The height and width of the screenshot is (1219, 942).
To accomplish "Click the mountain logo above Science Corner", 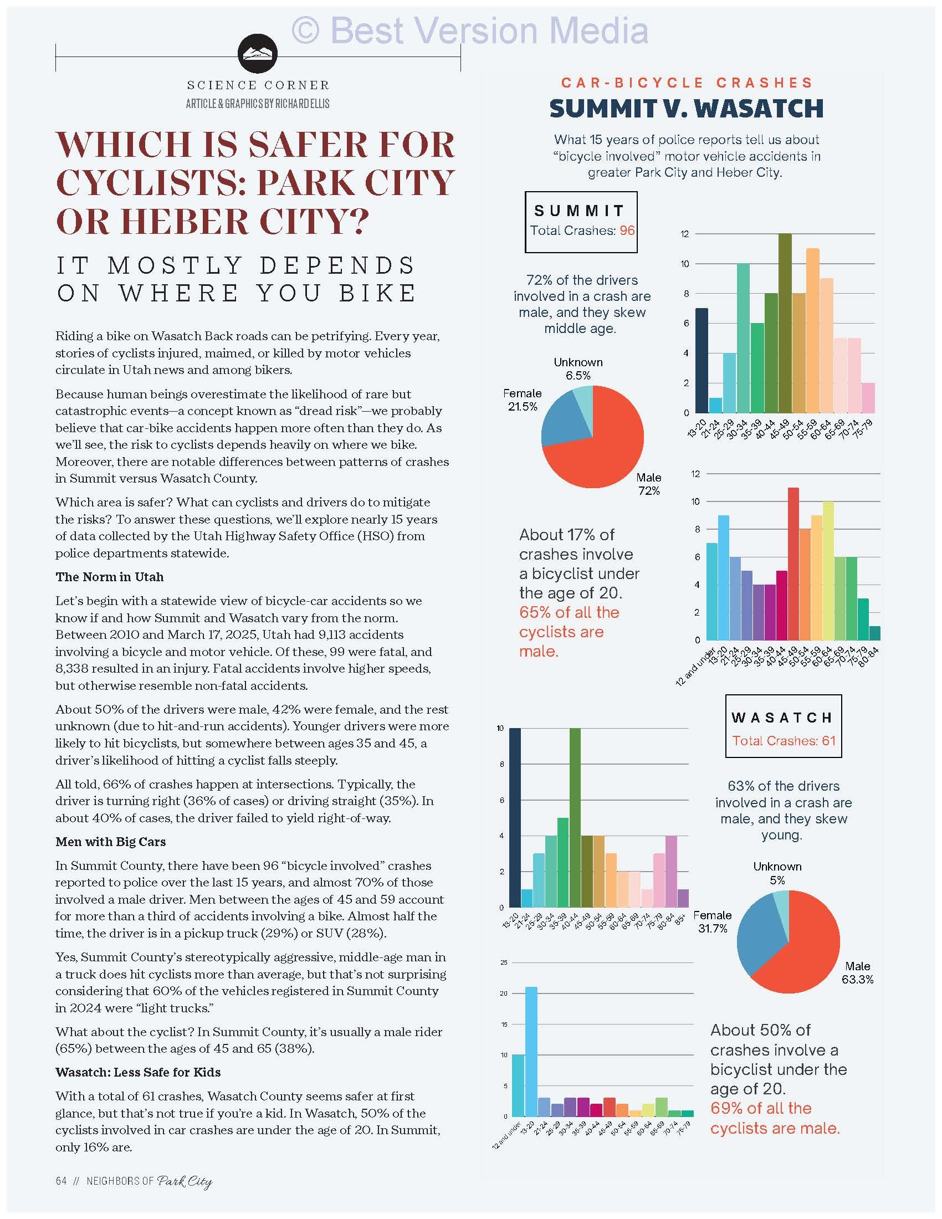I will click(257, 54).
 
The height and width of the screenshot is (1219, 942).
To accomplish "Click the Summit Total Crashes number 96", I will click(627, 231).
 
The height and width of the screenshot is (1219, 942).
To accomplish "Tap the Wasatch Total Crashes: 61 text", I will click(784, 741).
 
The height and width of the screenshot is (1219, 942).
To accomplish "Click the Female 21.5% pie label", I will click(522, 399).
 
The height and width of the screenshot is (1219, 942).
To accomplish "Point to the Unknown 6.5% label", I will click(577, 368).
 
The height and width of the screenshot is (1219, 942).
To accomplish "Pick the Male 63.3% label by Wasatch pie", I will click(857, 972).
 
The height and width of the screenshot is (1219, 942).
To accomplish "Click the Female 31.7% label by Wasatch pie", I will click(713, 921).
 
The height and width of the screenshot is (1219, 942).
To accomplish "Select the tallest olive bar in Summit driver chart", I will click(785, 322).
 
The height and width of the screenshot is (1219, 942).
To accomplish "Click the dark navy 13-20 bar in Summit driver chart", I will click(702, 360).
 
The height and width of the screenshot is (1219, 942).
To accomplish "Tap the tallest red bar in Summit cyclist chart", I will click(793, 564).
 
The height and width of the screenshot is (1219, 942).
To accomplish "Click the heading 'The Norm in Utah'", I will click(109, 577).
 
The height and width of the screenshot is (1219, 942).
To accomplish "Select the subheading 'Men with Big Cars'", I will click(110, 842).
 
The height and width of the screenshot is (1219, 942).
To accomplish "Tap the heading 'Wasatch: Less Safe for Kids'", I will click(138, 1072).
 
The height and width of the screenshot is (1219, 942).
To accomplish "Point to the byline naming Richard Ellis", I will click(257, 104).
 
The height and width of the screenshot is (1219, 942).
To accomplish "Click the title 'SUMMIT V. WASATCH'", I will click(687, 108).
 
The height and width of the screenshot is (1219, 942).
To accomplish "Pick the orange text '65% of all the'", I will click(569, 612).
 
